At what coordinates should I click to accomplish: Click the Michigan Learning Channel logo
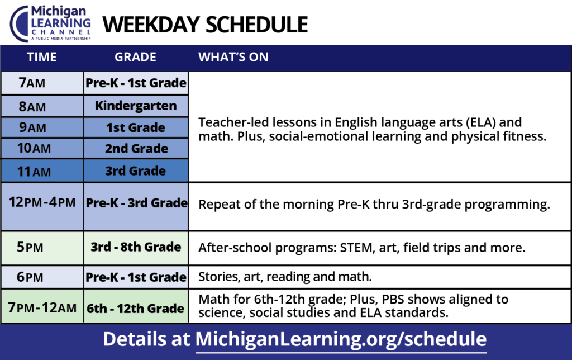coord(50,23)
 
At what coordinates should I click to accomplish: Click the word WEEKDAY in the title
coord(151,25)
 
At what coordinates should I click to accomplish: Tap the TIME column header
coord(41,57)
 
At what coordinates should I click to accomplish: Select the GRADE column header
coord(135,57)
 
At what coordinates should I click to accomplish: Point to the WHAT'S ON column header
coord(233,57)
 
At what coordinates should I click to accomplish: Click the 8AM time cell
coord(42,106)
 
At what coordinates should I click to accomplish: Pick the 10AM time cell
coord(42,148)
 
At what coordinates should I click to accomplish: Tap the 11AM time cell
coord(42,170)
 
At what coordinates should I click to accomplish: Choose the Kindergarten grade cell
coord(136,106)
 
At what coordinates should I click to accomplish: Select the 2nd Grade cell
coord(136,148)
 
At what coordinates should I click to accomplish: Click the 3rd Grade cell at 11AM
coord(136,170)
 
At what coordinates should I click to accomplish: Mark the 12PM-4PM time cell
coord(42,207)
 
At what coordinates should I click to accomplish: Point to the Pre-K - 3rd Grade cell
coord(136,207)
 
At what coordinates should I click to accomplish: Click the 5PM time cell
coord(42,248)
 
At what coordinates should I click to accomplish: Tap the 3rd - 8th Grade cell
coord(136,248)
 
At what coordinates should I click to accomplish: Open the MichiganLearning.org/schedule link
coord(341,339)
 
